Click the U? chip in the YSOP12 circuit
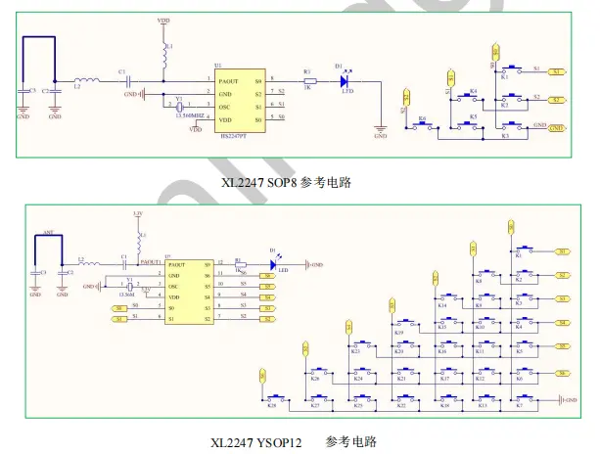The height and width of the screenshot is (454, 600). pos(187,292)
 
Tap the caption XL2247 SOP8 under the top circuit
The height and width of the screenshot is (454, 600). pos(287,182)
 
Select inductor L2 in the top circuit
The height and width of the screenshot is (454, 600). pos(85,81)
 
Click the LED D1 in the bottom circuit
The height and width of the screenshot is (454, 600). pos(272,263)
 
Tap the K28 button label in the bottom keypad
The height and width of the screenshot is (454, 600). pos(273,404)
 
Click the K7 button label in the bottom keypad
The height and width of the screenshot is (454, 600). pos(519,404)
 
